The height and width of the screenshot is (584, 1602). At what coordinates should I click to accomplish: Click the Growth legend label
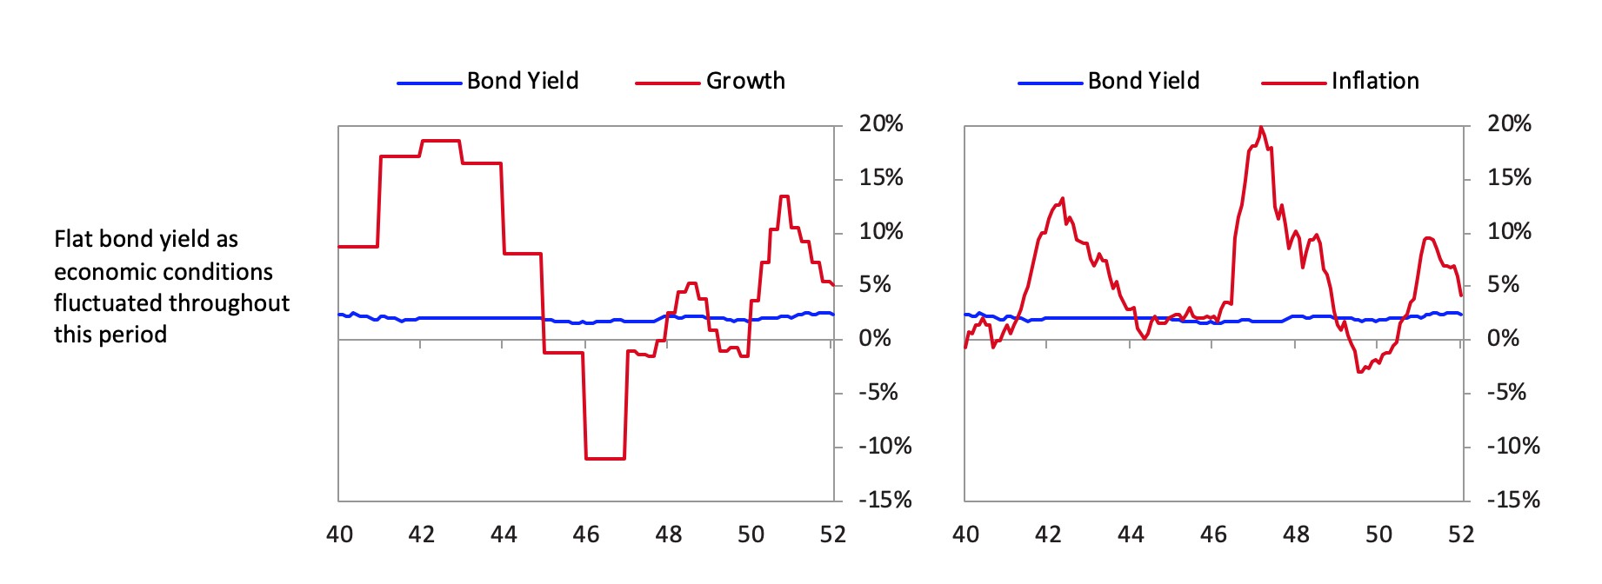coord(745,81)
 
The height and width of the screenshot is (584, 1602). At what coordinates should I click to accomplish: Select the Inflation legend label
coord(1375,81)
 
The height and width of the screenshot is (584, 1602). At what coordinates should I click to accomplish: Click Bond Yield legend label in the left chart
coord(522,81)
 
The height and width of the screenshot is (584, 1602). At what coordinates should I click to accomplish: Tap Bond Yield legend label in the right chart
coord(1143,81)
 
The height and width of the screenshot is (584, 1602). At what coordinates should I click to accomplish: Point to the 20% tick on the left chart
coord(881,124)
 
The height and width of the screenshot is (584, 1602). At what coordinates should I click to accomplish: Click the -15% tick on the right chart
coord(1512,500)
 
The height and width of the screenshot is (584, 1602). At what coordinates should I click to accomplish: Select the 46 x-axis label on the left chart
coord(586,534)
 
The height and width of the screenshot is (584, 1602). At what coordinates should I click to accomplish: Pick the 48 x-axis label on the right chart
coord(1296,534)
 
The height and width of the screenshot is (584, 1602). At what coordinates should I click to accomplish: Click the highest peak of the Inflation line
coord(1261,128)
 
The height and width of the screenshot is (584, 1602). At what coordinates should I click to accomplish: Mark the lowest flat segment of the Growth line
coord(605,458)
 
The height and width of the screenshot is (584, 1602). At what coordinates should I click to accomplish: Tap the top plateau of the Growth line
coord(440,141)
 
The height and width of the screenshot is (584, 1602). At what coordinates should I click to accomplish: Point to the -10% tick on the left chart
coord(884,446)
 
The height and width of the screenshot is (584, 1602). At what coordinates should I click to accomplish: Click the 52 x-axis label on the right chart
coord(1461,534)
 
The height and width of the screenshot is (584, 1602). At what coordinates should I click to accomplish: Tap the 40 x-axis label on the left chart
coord(339,534)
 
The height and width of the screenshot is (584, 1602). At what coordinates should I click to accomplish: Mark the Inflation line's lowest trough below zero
coord(1358,372)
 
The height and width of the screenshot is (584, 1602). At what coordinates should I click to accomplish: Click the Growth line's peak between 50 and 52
coord(784,196)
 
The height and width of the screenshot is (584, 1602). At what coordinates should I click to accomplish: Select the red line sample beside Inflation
coord(1293,83)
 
